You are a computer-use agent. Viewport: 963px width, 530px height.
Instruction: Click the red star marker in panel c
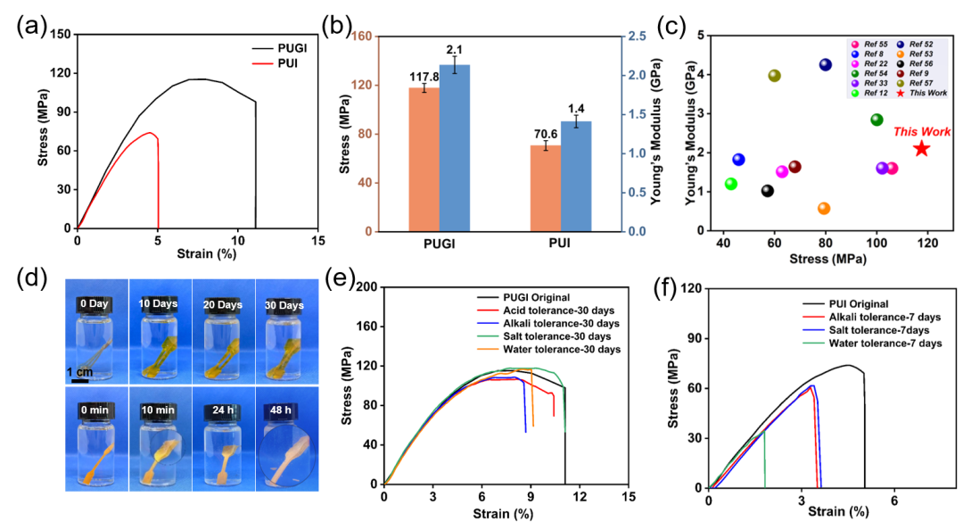tap(920, 149)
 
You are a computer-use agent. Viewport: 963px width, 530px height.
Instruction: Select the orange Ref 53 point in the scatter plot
tap(824, 209)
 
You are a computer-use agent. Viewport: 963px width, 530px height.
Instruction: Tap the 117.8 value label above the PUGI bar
tap(424, 77)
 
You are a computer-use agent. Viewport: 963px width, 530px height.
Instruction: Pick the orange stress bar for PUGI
tap(424, 160)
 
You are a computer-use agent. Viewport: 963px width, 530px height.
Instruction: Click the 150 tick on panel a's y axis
tap(61, 35)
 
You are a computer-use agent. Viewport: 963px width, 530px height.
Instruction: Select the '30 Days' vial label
tap(284, 305)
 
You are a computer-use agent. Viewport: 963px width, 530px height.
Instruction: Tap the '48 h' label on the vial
tap(281, 410)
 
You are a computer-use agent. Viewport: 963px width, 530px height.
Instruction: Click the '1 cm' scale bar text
tap(80, 372)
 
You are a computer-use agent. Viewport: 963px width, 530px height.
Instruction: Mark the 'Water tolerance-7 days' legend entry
tap(873, 344)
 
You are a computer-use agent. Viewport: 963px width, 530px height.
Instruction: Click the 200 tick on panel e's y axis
tap(366, 287)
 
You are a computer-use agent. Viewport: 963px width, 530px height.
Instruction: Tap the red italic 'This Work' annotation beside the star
tap(922, 131)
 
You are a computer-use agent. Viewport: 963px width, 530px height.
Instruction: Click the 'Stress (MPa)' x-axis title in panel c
tap(827, 259)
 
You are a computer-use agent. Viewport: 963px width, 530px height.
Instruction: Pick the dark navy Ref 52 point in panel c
tap(826, 64)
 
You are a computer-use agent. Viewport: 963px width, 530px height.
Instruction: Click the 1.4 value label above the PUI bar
tap(576, 110)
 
